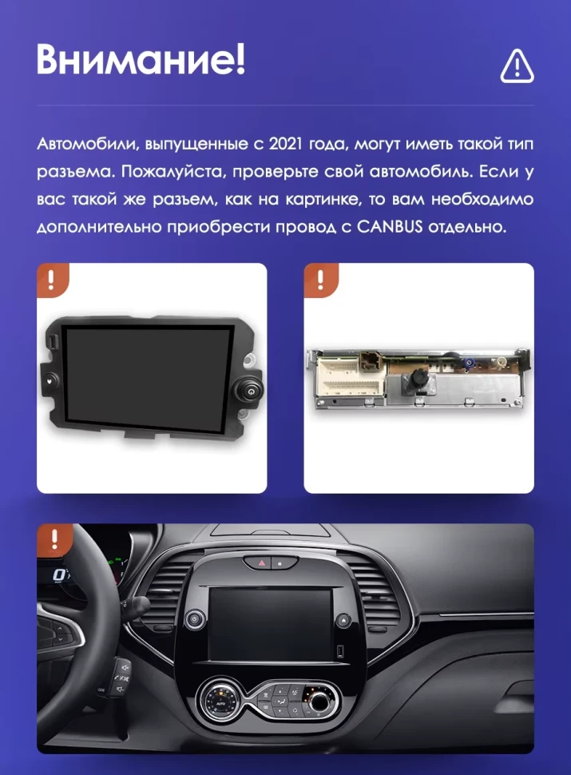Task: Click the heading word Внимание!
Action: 141,60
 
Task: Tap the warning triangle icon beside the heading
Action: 517,66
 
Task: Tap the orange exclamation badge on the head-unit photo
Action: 52,279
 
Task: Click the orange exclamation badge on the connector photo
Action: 319,279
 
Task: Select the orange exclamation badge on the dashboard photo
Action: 54,539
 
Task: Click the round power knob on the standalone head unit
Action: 249,391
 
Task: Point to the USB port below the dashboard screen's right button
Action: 341,649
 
